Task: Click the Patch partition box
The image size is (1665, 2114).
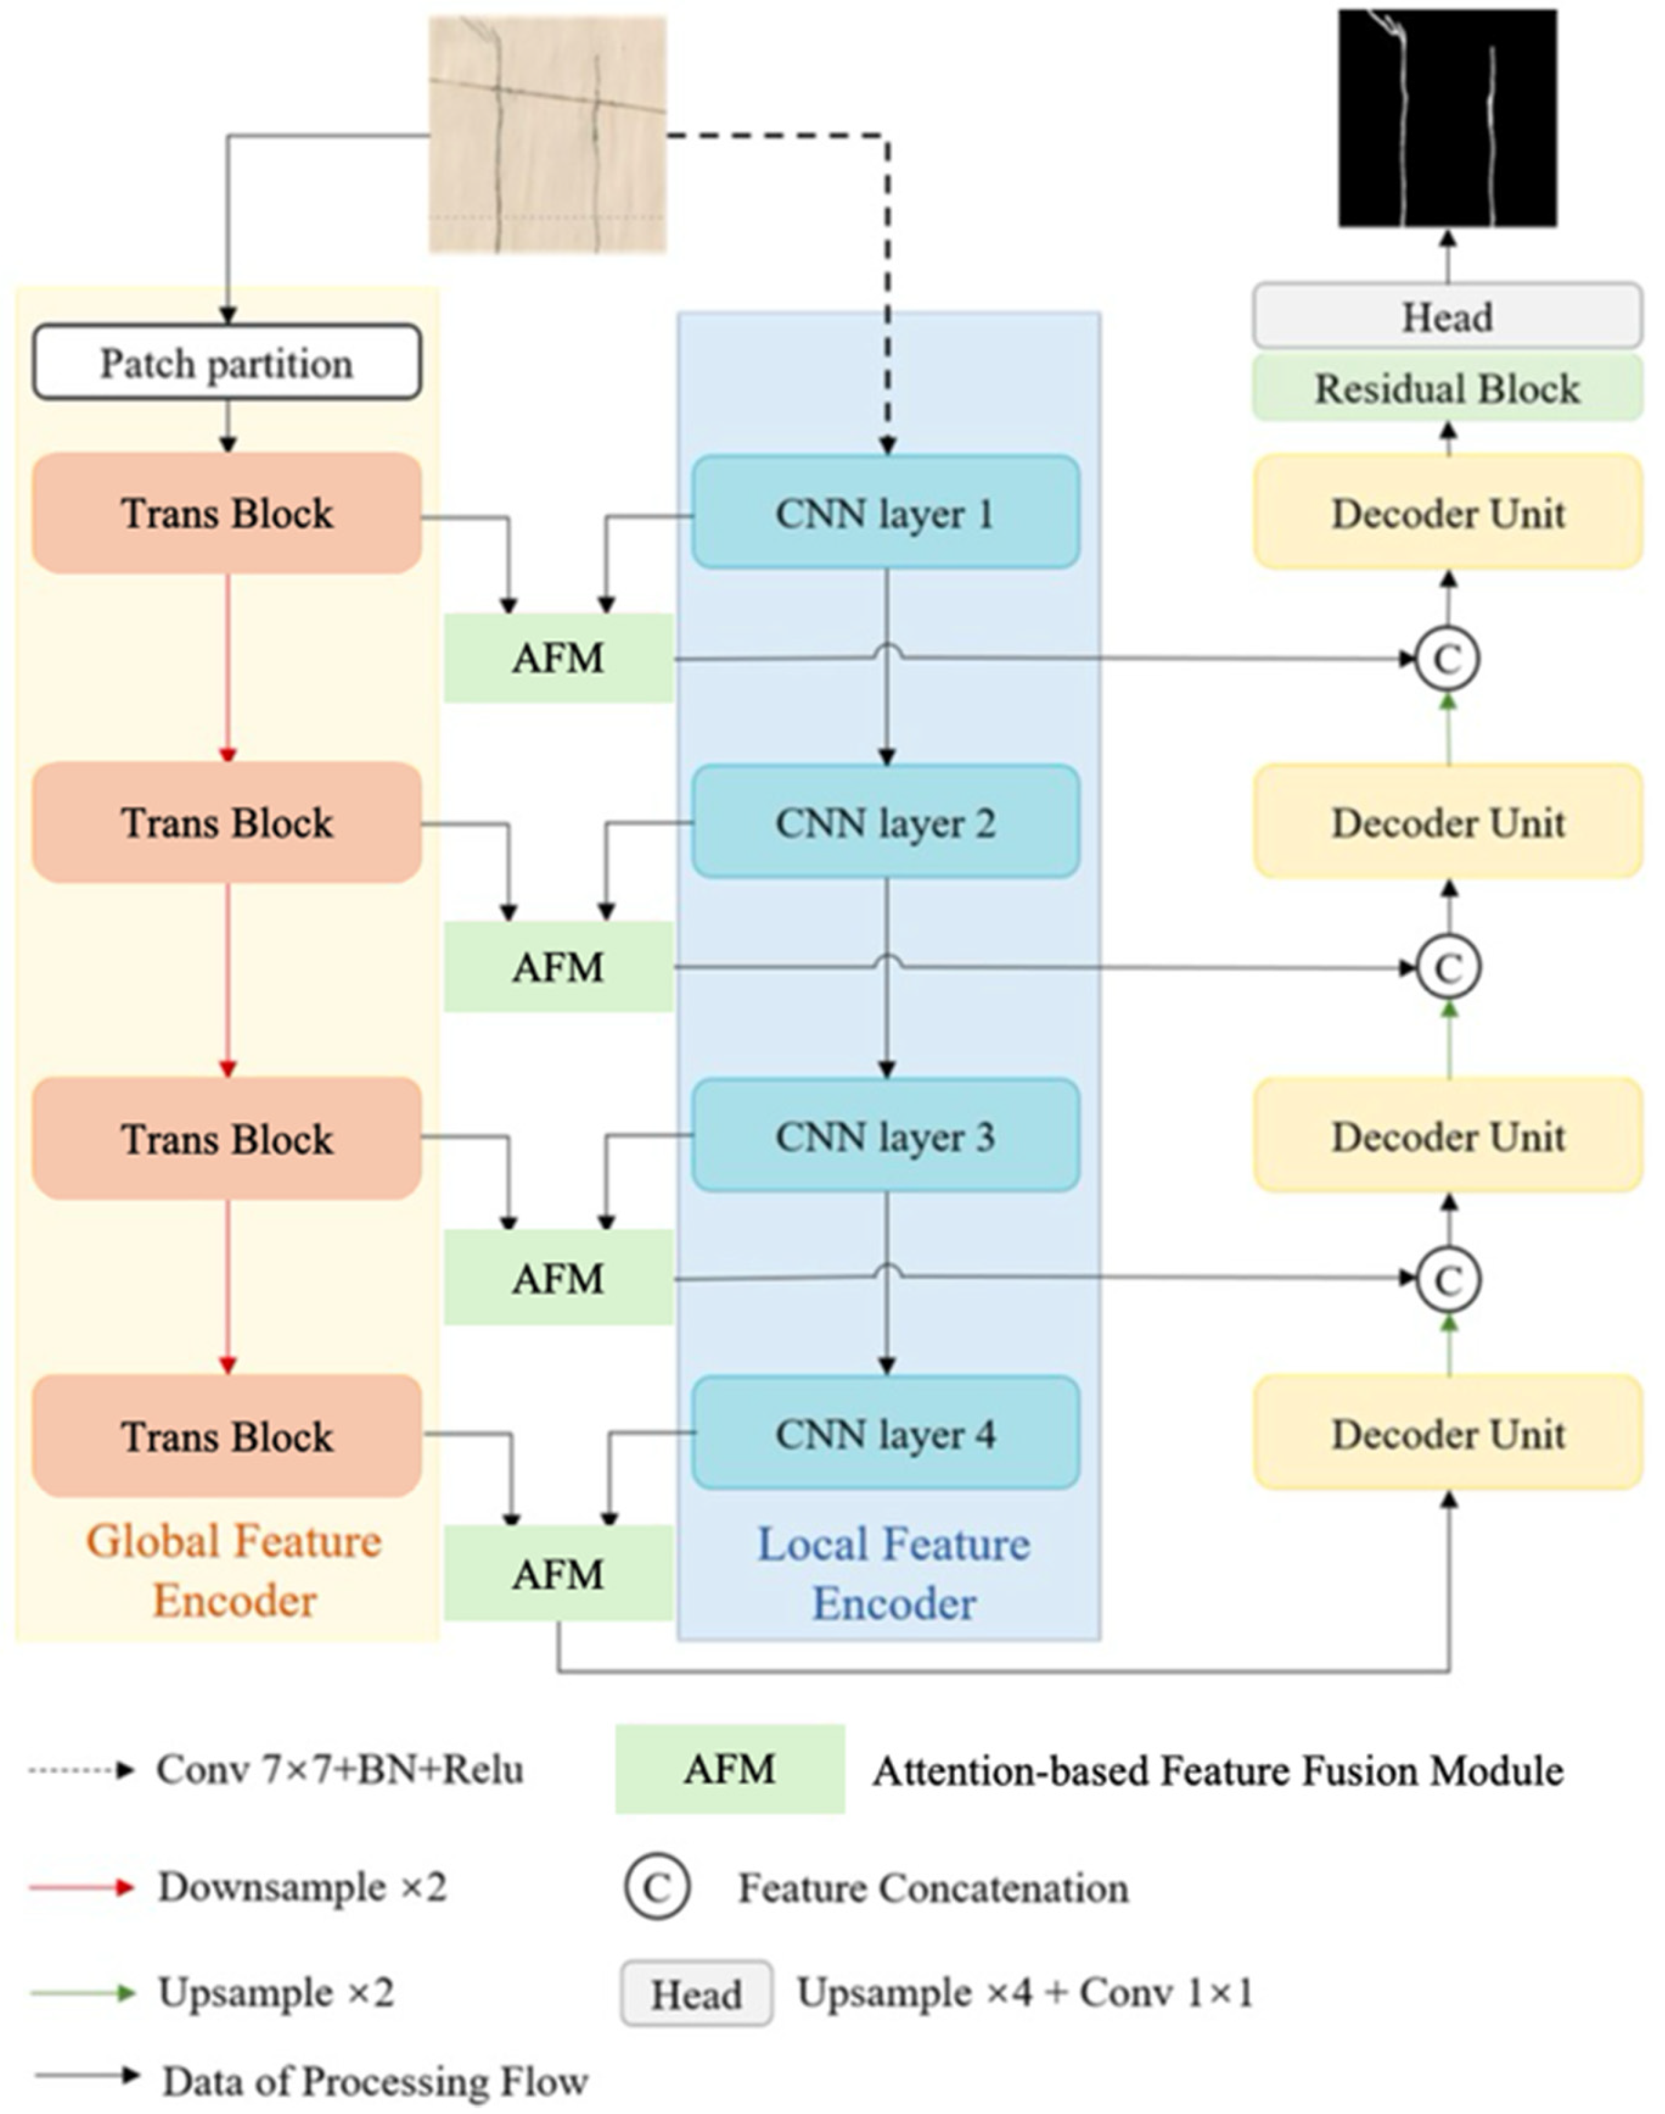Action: [x=227, y=363]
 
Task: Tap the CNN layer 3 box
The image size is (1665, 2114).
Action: [x=885, y=1135]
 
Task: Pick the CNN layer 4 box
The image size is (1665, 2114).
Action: [x=885, y=1433]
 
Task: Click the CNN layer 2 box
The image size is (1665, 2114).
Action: [x=885, y=822]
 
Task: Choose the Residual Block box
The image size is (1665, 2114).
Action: [x=1448, y=388]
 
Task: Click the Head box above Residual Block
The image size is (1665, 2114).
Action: [x=1448, y=316]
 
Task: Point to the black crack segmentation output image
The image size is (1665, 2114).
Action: [x=1448, y=118]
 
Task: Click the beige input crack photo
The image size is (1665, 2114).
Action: [x=548, y=135]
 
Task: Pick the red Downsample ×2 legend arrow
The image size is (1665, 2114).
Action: [x=82, y=1887]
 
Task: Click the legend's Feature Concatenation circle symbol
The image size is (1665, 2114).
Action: [x=657, y=1888]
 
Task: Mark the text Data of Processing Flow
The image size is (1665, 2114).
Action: [x=375, y=2081]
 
